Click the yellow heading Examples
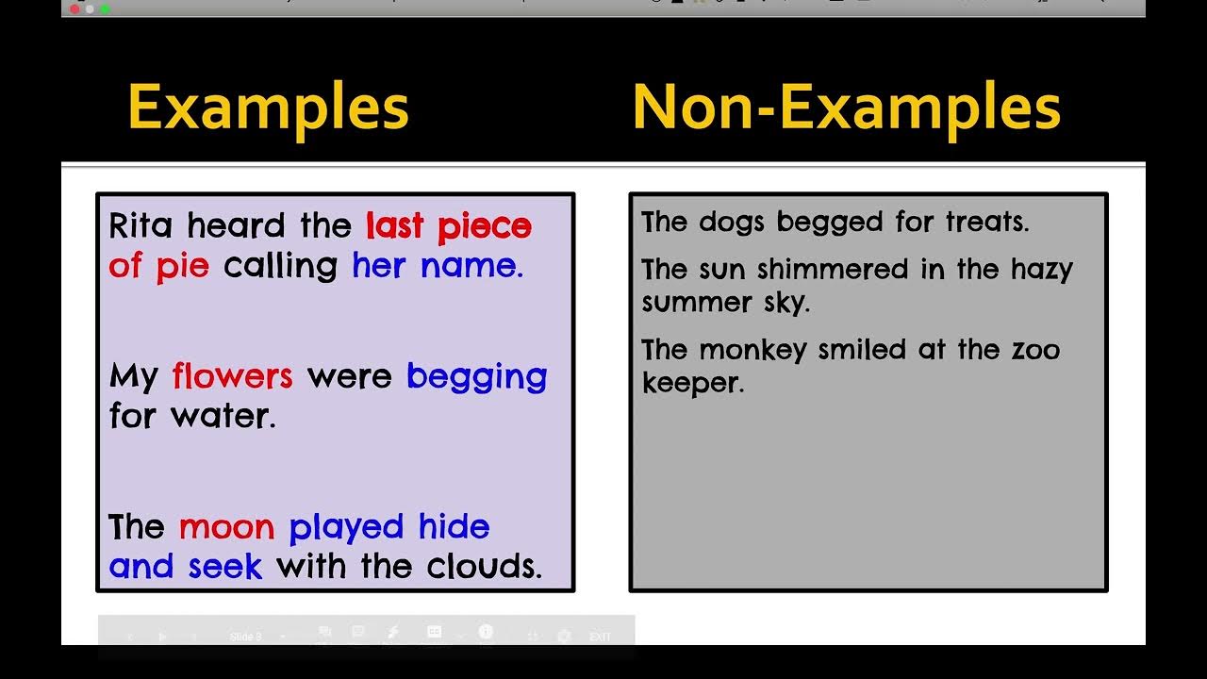point(268,108)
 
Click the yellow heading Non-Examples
point(846,108)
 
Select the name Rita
point(143,226)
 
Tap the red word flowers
point(232,377)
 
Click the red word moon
point(226,527)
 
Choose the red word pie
point(182,267)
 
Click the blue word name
point(471,267)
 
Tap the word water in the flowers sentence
point(223,417)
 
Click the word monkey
point(752,351)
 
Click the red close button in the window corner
point(74,8)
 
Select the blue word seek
point(224,567)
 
